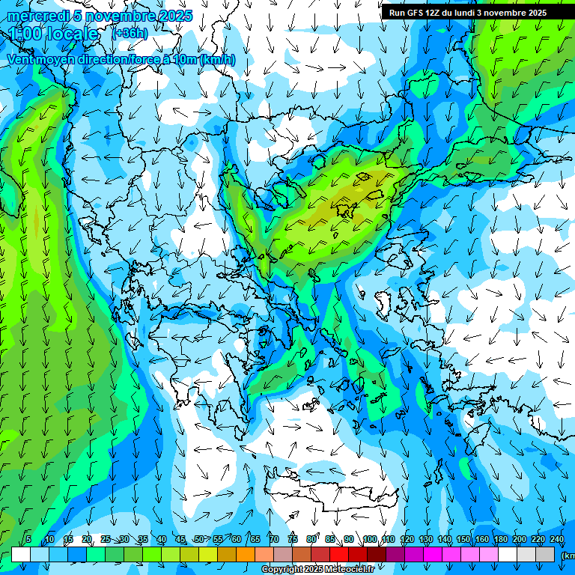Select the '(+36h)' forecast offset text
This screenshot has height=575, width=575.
click(x=130, y=33)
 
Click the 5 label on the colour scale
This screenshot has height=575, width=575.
click(x=28, y=539)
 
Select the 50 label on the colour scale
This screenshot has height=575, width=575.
click(x=198, y=539)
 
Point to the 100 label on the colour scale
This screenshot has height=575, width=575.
click(x=369, y=539)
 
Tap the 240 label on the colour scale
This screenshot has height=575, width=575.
click(x=556, y=539)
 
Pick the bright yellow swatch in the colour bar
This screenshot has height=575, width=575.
click(x=208, y=554)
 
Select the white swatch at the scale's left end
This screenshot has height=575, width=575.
click(x=21, y=554)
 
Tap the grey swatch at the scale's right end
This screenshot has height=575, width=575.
click(x=545, y=554)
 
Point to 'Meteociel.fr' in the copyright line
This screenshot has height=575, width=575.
click(x=350, y=570)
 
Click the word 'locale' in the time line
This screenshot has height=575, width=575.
click(x=71, y=34)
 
